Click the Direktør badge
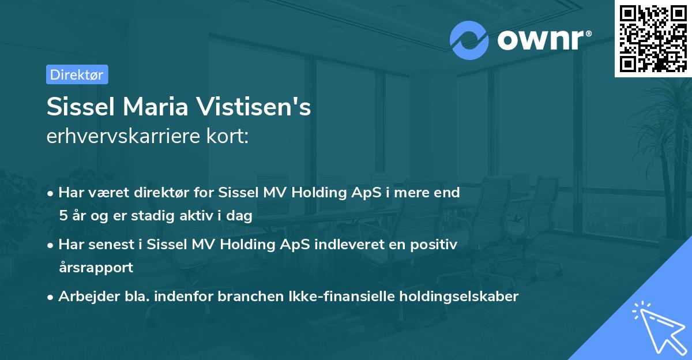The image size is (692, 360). pos(77,74)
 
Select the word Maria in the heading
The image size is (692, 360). pos(159,108)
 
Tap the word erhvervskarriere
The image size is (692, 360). pos(119,137)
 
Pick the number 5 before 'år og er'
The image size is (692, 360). pos(63,216)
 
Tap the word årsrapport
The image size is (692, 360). pos(96,268)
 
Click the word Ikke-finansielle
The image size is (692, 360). pos(335,297)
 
